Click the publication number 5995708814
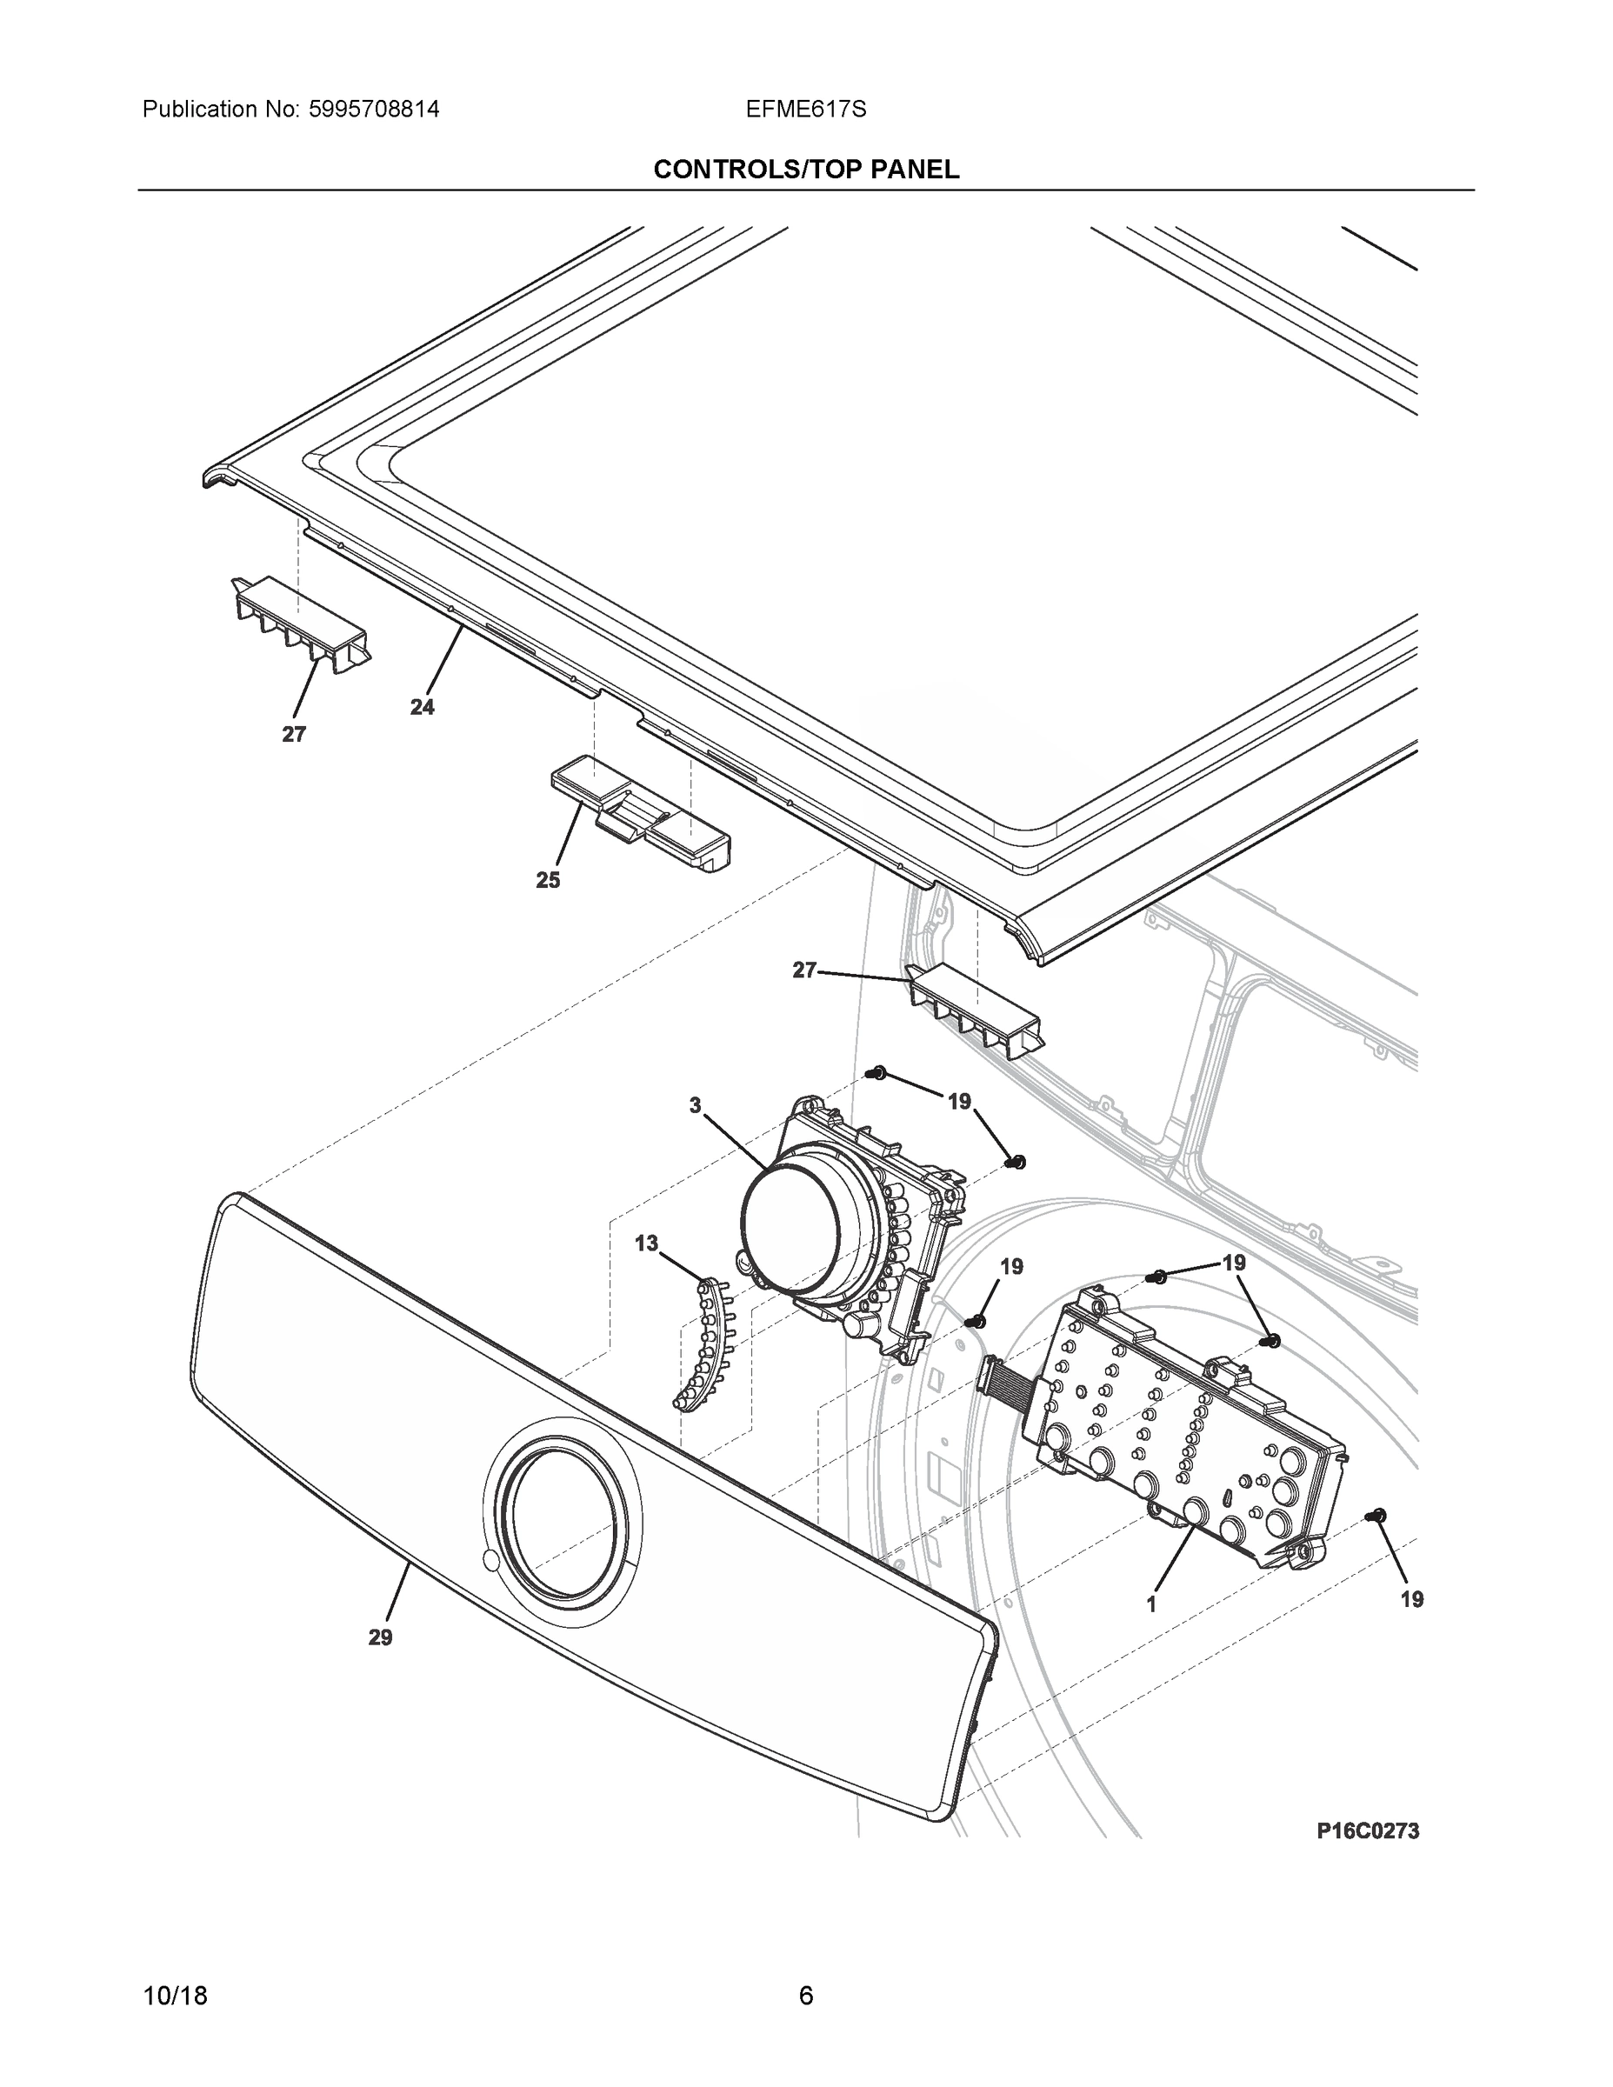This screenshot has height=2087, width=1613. coord(374,109)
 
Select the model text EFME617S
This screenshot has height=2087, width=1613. coord(805,109)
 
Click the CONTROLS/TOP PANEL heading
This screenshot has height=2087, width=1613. coord(805,170)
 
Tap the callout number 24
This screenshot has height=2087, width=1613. coord(422,707)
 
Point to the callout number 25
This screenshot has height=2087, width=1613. coord(548,880)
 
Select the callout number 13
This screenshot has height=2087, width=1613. coord(647,1244)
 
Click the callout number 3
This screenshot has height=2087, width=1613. coord(695,1104)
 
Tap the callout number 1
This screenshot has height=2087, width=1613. coord(1151,1604)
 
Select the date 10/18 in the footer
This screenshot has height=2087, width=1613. coord(175,1997)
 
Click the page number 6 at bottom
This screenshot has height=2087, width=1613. coord(805,1996)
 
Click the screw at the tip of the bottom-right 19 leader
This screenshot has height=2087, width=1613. coord(1377,1516)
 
